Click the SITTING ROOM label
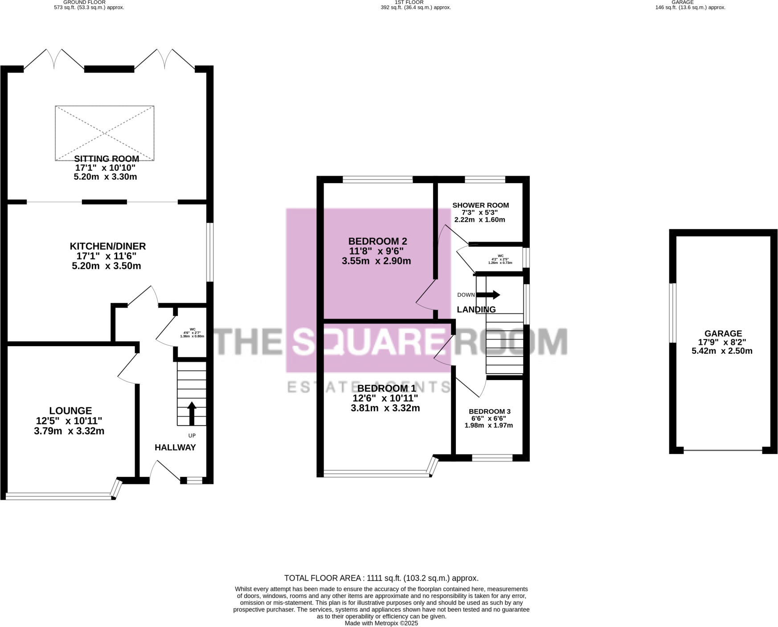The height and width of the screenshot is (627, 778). [x=106, y=159]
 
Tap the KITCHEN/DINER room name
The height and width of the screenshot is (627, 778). [x=108, y=246]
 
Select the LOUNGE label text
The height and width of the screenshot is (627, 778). [x=70, y=410]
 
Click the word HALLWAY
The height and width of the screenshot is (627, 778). [x=175, y=447]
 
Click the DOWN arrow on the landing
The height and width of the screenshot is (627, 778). [x=488, y=295]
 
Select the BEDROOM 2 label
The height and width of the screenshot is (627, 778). [x=377, y=241]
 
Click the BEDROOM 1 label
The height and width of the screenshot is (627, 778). [x=386, y=389]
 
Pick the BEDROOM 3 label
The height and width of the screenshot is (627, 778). [x=489, y=411]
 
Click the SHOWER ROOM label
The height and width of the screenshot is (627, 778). [x=480, y=205]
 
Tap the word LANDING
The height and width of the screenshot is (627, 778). [x=476, y=309]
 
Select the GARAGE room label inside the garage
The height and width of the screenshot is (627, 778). [x=723, y=333]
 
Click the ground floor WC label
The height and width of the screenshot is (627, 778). [x=192, y=329]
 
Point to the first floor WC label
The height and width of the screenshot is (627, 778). [x=500, y=256]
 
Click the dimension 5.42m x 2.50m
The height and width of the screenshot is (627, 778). [x=722, y=351]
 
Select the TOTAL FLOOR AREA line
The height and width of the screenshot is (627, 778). [x=381, y=578]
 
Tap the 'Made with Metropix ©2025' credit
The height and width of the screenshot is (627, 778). [x=381, y=623]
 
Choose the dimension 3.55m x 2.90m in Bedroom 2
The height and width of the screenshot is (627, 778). [x=376, y=261]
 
